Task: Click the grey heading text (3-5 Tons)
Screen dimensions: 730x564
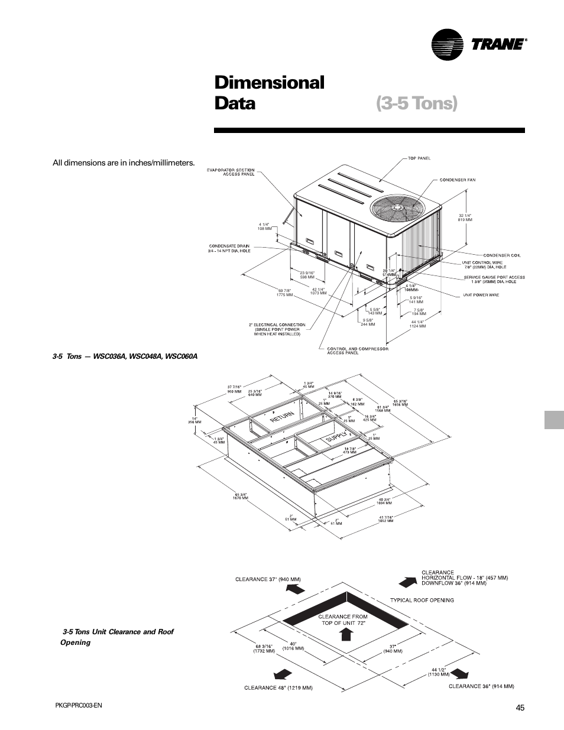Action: coord(416,103)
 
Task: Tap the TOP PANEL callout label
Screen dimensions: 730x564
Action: coord(420,158)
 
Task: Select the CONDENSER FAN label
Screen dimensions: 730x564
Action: coord(457,180)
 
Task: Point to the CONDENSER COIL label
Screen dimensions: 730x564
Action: coord(502,255)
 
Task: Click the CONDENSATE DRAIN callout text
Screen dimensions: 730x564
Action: coord(229,248)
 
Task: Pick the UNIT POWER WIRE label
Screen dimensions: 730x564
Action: coord(481,295)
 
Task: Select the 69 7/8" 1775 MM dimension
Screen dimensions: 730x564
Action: coord(285,292)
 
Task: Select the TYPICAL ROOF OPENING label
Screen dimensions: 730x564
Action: coord(422,600)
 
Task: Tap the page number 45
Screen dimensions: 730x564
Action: coord(520,708)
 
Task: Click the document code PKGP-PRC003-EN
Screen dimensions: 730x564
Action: coord(78,705)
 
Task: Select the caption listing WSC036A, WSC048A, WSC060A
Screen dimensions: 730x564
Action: coord(125,356)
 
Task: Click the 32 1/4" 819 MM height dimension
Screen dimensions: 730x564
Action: coord(465,217)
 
